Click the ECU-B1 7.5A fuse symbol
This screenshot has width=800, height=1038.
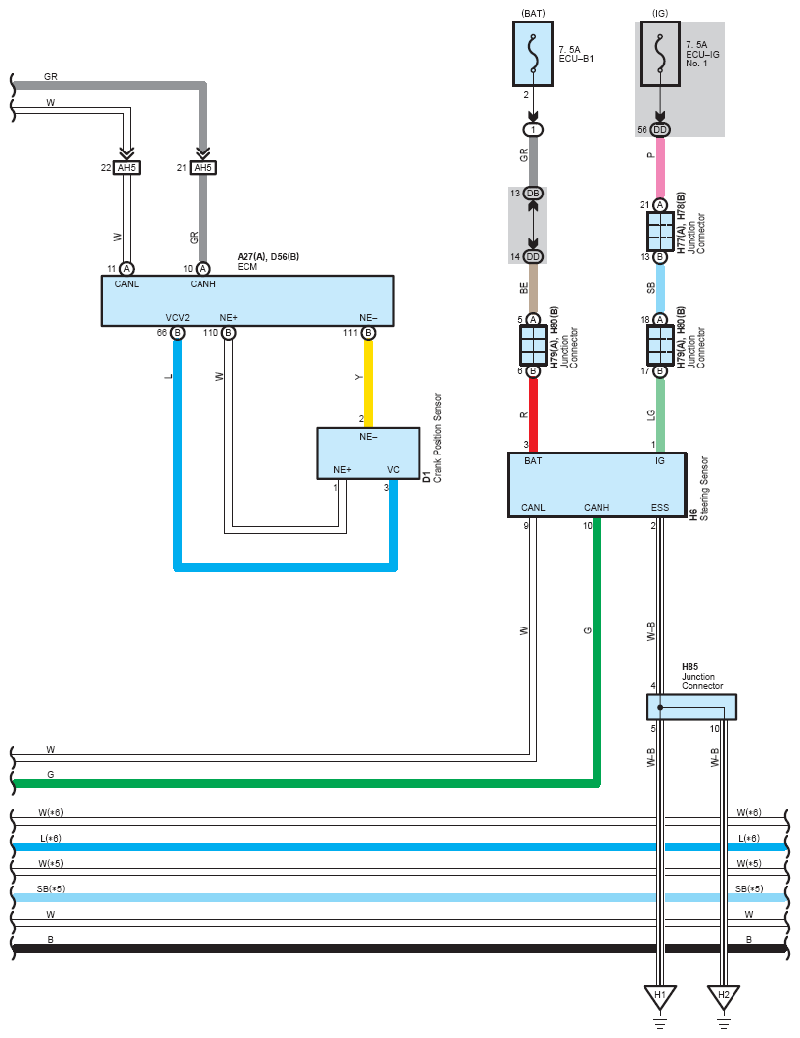pos(532,54)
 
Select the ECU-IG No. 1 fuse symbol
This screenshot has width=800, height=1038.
pos(659,54)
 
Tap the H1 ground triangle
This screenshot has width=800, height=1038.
pos(659,997)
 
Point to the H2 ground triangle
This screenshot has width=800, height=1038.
pos(723,997)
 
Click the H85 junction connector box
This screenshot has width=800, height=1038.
pos(691,707)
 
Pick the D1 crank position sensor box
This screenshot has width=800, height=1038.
pos(368,454)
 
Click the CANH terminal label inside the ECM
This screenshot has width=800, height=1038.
pos(202,284)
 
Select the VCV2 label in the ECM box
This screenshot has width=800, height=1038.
pos(177,318)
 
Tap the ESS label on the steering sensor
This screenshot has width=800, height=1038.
pos(659,507)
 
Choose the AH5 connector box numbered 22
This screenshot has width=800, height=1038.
pos(126,168)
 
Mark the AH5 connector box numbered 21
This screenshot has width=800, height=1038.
pos(202,168)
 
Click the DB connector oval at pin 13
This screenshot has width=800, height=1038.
pos(533,194)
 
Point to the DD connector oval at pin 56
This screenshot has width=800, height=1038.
pos(659,130)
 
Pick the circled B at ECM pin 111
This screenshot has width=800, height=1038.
pos(368,333)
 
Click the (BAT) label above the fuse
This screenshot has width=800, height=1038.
pos(533,13)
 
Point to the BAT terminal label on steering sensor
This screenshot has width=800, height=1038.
pos(533,460)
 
